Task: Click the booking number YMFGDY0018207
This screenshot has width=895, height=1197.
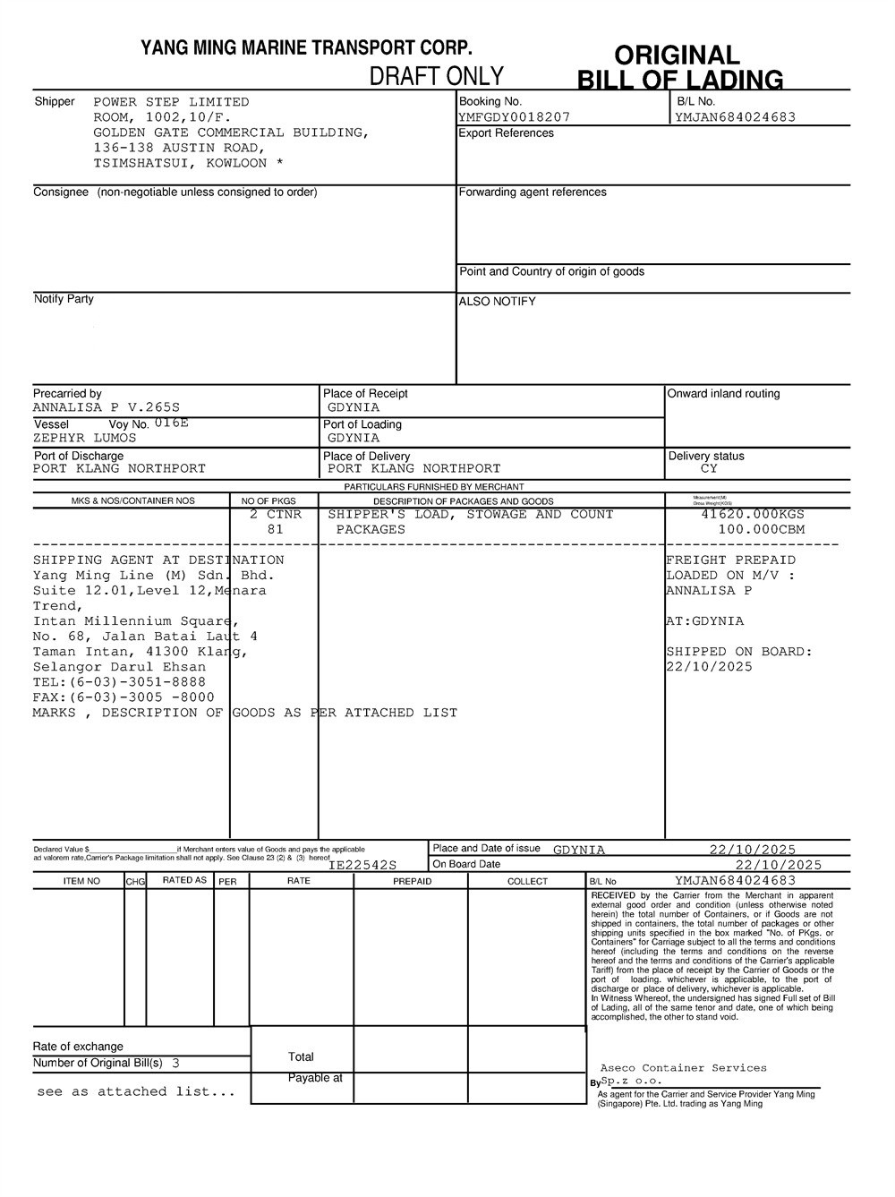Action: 514,117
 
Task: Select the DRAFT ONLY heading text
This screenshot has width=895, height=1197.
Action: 437,76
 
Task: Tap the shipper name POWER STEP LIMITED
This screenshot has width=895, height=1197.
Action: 171,102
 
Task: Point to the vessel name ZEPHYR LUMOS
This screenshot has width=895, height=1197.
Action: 85,439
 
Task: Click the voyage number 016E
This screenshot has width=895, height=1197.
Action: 172,423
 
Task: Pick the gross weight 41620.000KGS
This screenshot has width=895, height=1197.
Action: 753,515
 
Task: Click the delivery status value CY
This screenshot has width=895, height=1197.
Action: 709,469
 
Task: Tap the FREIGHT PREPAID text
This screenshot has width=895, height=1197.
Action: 730,560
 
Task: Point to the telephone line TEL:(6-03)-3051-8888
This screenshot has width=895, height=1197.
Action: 119,682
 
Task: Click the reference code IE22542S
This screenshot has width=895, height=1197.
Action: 362,866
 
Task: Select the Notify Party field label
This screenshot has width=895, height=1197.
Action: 64,299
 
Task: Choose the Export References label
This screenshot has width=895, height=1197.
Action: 506,133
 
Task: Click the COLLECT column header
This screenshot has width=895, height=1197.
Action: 527,882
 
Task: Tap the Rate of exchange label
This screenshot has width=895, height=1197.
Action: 78,1047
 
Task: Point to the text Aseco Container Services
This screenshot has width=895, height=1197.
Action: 683,1068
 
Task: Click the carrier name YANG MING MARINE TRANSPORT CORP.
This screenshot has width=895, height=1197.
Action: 306,48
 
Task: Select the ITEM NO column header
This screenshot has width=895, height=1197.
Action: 81,881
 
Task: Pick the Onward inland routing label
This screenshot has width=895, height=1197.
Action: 724,394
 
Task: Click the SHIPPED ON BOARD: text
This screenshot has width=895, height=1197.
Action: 739,652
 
